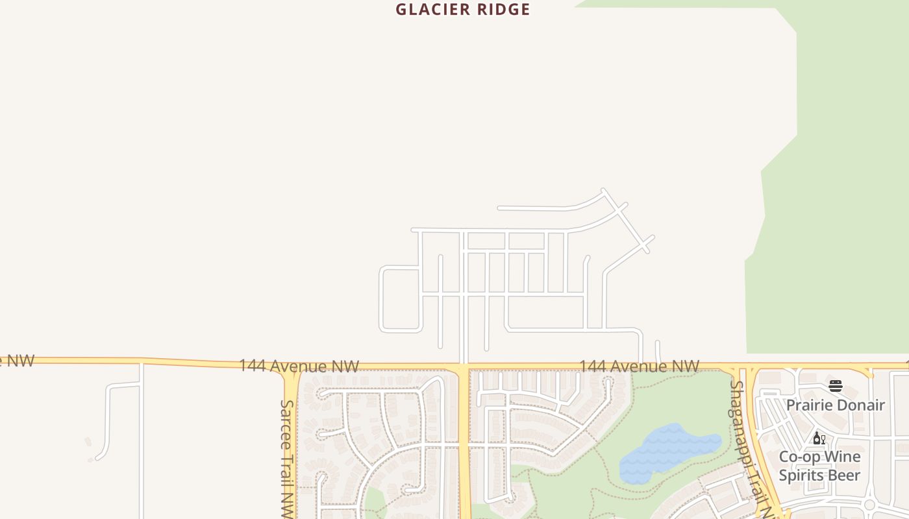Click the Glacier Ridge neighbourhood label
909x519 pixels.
[x=463, y=10]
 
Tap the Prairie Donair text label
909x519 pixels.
[x=835, y=405]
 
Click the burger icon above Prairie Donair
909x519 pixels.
[x=836, y=386]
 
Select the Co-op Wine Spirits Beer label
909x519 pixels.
[x=819, y=466]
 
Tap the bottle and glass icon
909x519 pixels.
[x=819, y=439]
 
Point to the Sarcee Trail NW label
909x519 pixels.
[x=287, y=457]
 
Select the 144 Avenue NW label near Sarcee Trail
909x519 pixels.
[x=299, y=366]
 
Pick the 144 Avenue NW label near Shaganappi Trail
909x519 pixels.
[x=639, y=367]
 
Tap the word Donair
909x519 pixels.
[x=860, y=405]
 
